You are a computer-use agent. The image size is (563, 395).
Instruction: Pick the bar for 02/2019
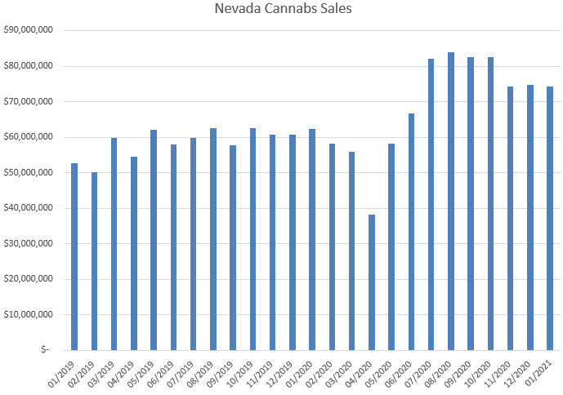click(x=94, y=261)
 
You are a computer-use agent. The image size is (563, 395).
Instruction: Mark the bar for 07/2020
click(x=431, y=204)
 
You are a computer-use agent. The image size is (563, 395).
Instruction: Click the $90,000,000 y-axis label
click(x=29, y=30)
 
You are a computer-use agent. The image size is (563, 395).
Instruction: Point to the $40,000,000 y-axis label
click(x=29, y=208)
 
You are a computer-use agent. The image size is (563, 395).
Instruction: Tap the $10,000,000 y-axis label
click(x=29, y=314)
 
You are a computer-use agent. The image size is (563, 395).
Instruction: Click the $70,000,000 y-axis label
click(x=29, y=101)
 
